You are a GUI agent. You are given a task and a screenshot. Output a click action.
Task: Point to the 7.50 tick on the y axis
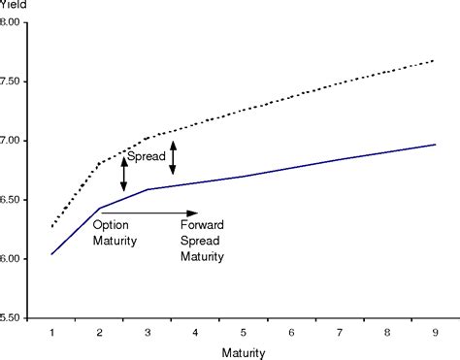17,82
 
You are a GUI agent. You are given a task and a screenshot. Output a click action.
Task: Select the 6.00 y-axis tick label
17,259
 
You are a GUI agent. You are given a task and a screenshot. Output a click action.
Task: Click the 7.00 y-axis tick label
17,141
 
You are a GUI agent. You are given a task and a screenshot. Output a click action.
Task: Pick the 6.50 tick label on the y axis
17,200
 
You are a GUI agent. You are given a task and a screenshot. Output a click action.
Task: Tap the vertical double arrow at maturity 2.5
124,175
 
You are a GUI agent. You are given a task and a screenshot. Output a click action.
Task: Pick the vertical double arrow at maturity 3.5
172,158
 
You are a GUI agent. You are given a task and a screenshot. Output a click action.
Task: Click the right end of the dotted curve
435,60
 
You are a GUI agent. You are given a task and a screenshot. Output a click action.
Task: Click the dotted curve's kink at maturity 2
100,163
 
